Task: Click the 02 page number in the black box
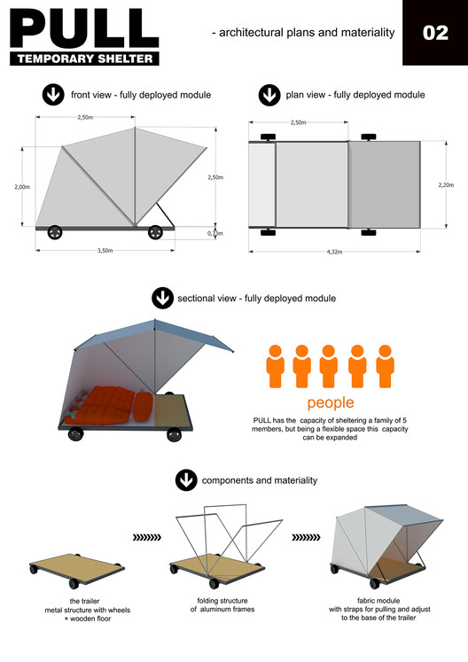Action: click(x=435, y=33)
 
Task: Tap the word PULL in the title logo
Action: click(x=84, y=27)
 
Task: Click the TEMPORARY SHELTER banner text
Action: click(x=85, y=58)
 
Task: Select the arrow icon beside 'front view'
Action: click(x=53, y=95)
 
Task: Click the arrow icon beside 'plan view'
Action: click(x=269, y=95)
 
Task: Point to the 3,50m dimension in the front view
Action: click(x=105, y=251)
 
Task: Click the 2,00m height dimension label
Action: click(x=22, y=187)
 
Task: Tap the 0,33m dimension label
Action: click(x=215, y=233)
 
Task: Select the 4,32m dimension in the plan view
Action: click(x=334, y=252)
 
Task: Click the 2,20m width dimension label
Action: click(x=446, y=185)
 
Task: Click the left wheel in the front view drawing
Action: click(x=55, y=232)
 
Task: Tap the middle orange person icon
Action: click(x=329, y=366)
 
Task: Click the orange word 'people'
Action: click(x=331, y=403)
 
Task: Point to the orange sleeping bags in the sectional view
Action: click(x=108, y=405)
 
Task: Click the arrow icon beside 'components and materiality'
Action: click(x=186, y=480)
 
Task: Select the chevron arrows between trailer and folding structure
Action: click(x=147, y=537)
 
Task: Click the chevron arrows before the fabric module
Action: click(x=306, y=537)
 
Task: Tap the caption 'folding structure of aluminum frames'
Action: click(x=222, y=604)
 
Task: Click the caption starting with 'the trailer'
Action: click(x=88, y=610)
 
